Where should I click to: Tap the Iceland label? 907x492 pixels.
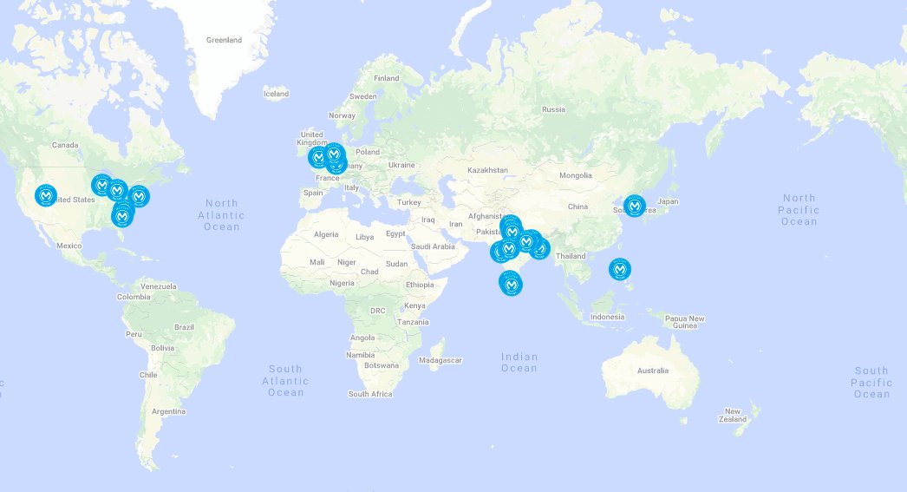(276, 94)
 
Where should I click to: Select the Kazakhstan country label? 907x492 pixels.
(487, 170)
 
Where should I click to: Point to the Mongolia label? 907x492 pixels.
(576, 175)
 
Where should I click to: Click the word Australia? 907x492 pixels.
(653, 371)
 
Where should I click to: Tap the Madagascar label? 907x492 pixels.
(440, 360)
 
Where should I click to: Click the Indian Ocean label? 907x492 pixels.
(519, 363)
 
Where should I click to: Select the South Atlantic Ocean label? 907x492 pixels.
(286, 381)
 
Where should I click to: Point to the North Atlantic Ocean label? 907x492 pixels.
(221, 215)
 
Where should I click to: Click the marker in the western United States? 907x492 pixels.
(47, 195)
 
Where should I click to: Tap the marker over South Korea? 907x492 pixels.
(636, 207)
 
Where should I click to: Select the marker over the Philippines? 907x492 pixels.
(620, 270)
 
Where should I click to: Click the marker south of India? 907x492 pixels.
(511, 283)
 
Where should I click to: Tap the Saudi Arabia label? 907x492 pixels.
(433, 246)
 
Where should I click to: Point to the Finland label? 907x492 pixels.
(387, 78)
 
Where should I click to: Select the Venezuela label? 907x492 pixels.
(158, 286)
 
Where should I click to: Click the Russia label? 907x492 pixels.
(553, 109)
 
